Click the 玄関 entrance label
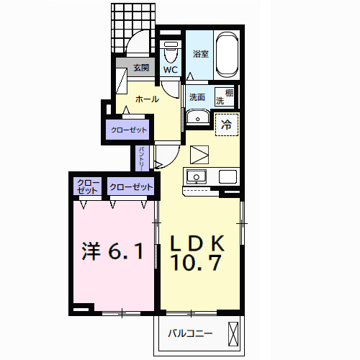(140, 68)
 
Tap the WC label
(170, 70)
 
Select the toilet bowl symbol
(171, 53)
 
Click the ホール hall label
(147, 99)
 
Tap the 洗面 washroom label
(197, 96)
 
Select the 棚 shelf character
(228, 91)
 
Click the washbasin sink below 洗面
(197, 117)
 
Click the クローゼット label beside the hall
(129, 130)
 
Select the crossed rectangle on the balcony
(233, 333)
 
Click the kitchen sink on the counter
(196, 176)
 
